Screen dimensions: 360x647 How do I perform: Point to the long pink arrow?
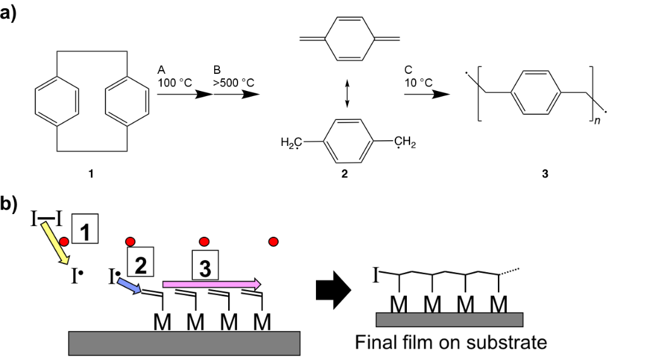212,284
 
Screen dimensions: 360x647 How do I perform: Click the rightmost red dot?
274,241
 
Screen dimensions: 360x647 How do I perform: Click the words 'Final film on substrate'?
450,343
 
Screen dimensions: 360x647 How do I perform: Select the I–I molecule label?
46,220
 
